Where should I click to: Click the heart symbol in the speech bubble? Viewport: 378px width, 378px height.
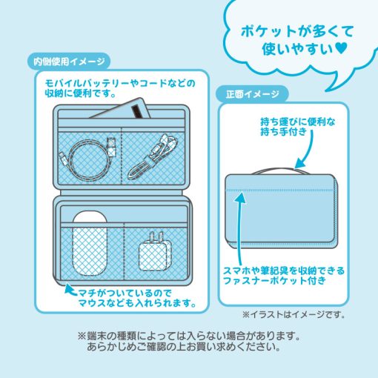pyautogui.click(x=342, y=48)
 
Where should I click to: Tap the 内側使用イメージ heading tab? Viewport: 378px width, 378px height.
pyautogui.click(x=69, y=62)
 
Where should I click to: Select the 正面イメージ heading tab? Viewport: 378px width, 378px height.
pyautogui.click(x=252, y=94)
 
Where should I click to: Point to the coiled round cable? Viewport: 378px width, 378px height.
pyautogui.click(x=89, y=157)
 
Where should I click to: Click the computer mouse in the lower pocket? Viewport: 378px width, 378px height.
pyautogui.click(x=90, y=243)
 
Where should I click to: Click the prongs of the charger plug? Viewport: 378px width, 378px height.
pyautogui.click(x=156, y=236)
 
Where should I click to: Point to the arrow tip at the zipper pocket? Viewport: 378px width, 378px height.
pyautogui.click(x=241, y=196)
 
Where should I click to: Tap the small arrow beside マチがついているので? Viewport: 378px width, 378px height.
pyautogui.click(x=70, y=289)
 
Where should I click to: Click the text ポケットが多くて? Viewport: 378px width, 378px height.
pyautogui.click(x=297, y=32)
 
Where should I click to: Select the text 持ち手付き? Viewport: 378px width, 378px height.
pyautogui.click(x=283, y=131)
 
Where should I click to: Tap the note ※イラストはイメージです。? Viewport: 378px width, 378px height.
pyautogui.click(x=294, y=314)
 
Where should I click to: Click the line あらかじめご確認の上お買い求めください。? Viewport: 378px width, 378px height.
pyautogui.click(x=184, y=347)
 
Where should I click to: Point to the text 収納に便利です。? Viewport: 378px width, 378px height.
pyautogui.click(x=80, y=93)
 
